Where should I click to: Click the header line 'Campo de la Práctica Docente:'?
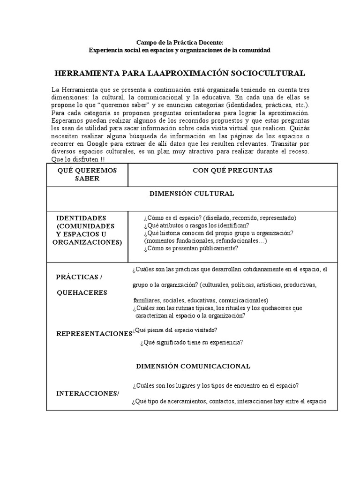coord(180,42)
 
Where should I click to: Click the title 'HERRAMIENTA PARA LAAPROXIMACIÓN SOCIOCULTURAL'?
coord(180,74)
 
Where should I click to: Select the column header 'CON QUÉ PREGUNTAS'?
coord(232,171)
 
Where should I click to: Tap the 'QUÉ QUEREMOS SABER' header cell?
coord(87,174)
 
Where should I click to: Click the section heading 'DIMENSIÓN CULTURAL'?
coord(192,193)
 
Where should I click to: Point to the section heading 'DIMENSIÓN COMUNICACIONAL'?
coord(193,366)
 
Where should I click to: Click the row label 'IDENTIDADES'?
coord(81,218)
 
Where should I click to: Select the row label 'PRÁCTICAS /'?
coord(79,277)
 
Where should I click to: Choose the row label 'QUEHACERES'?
coord(82,292)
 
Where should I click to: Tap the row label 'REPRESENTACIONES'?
coord(94,333)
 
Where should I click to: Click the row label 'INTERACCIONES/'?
coord(88,393)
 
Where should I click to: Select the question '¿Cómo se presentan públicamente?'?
coord(191,248)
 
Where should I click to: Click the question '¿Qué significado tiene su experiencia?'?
coord(191,342)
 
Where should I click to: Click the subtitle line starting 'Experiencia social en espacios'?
coord(180,50)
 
